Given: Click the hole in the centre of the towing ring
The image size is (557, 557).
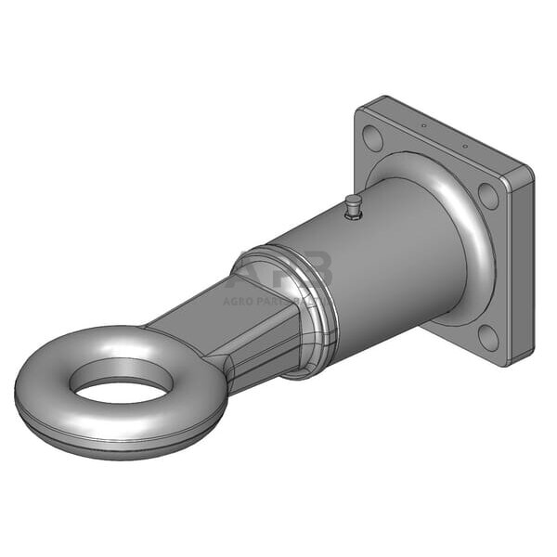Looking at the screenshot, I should point(121,382).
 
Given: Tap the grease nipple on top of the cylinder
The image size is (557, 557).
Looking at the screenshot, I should point(352,208).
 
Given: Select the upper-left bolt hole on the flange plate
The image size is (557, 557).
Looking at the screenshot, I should point(372,140).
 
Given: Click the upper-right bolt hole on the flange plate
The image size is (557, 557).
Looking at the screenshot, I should point(487,196).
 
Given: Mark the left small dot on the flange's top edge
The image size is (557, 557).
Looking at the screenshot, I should point(423,126).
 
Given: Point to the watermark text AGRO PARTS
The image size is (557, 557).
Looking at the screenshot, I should point(269,300).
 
